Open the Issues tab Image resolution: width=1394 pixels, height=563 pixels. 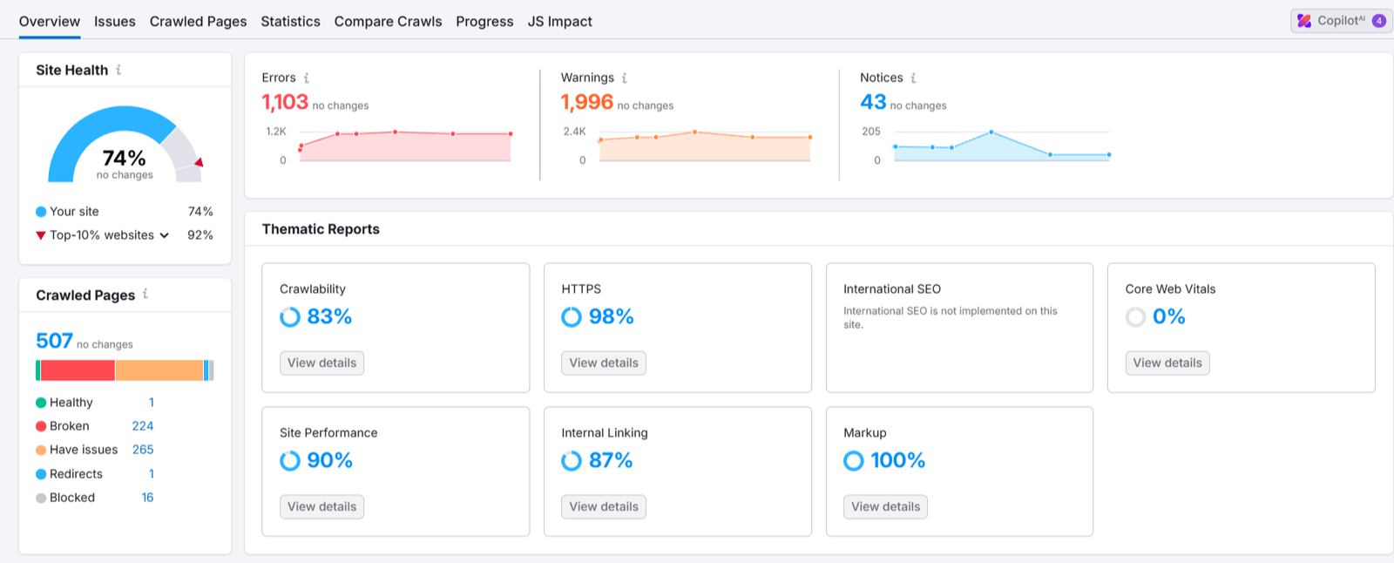point(114,21)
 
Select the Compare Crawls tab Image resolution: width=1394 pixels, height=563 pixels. point(388,21)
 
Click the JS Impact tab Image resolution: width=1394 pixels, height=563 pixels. point(559,21)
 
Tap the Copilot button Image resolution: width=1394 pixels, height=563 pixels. point(1341,21)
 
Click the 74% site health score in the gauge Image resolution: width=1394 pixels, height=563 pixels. point(124,158)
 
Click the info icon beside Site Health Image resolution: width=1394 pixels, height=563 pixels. point(118,70)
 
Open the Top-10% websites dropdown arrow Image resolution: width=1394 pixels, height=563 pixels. point(165,235)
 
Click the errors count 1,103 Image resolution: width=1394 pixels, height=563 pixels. point(285,102)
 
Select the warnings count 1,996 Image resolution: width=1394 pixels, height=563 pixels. point(587,102)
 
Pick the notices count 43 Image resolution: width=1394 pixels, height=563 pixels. point(873,102)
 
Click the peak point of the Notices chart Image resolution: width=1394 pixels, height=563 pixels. point(991,132)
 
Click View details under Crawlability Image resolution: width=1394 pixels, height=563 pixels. point(321,363)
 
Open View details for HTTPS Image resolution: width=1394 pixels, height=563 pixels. point(604,363)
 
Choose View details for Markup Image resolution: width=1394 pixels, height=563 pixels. point(885,507)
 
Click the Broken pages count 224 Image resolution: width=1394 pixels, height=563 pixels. point(143,426)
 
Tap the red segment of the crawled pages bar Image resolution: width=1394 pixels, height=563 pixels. point(78,370)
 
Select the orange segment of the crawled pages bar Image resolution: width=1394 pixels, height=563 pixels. point(159,370)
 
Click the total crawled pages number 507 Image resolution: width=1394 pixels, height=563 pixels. point(54,341)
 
